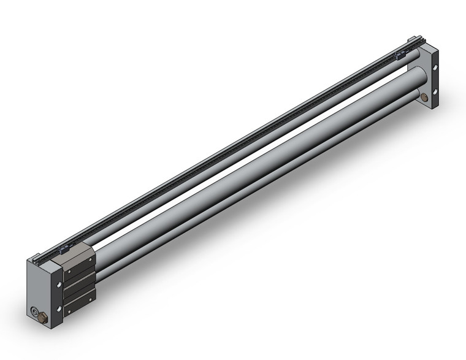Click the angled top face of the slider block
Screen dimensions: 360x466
point(74,253)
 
